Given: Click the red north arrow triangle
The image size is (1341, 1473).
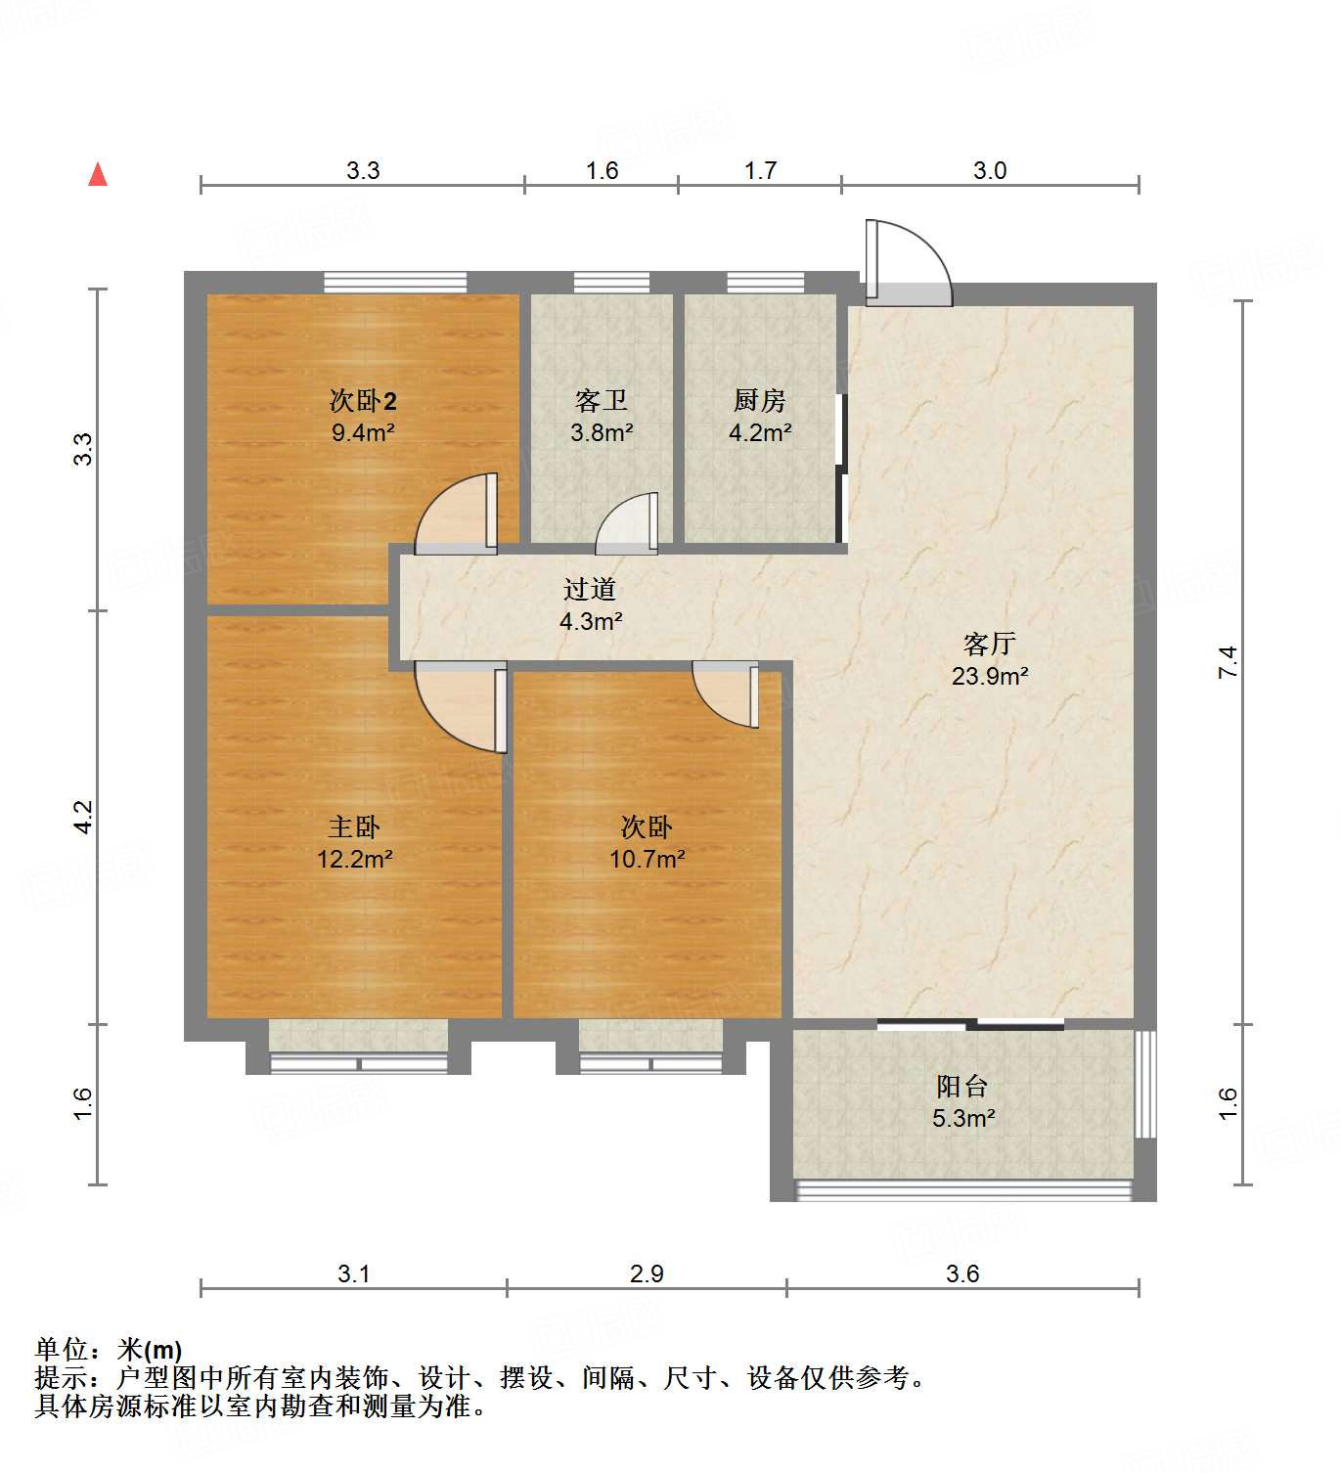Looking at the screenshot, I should [x=98, y=174].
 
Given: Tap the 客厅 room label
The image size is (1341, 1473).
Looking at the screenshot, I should [x=989, y=644].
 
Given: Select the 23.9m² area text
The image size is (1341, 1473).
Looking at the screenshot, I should [x=989, y=676].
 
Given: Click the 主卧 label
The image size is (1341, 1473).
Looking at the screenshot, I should [x=354, y=827].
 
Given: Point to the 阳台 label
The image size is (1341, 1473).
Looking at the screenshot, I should [x=962, y=1087].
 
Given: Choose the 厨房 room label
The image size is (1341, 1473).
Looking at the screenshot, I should [x=760, y=400].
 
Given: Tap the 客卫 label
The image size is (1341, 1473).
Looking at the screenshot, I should [x=602, y=400].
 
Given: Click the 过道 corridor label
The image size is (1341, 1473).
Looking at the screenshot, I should [x=590, y=589].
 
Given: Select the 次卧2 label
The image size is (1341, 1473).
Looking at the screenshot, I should [x=363, y=400].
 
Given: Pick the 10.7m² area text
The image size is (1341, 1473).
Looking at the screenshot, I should [x=647, y=860].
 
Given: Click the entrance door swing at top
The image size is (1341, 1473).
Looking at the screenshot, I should [x=910, y=262].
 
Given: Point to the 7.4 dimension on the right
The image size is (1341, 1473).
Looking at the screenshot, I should [x=1228, y=662].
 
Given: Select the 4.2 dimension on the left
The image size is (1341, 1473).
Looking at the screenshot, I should [x=83, y=817].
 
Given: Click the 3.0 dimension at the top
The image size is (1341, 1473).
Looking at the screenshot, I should [x=989, y=170].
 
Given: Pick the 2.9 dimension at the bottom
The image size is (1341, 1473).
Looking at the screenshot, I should [x=647, y=1273].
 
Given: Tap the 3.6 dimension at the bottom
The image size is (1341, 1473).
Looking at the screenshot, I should [x=962, y=1273].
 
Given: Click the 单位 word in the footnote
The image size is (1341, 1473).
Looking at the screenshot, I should [x=62, y=1350].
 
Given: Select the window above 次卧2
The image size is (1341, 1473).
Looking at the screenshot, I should [x=395, y=282].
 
